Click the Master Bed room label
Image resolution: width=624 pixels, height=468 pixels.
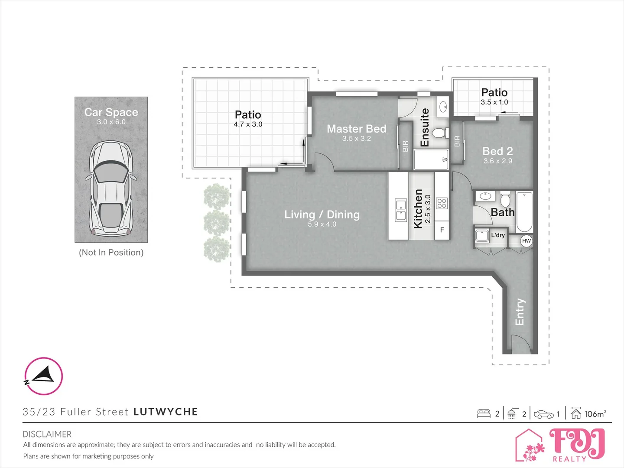pos(356,129)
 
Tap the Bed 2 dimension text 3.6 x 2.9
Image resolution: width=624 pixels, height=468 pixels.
pos(497,161)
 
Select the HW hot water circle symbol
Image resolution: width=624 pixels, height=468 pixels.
pos(526,241)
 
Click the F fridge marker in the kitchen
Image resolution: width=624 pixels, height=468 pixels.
pos(442,230)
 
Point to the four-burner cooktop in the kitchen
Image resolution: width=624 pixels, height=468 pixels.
pos(442,203)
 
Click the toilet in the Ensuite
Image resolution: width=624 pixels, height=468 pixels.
pos(439,133)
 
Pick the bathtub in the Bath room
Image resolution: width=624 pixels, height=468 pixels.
pos(524,212)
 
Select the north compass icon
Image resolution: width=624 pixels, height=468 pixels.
pos(43,376)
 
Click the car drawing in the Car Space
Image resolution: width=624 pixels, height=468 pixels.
pos(111,188)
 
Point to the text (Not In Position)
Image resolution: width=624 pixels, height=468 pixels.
pos(111,253)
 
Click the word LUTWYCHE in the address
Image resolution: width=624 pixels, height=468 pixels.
pos(166,412)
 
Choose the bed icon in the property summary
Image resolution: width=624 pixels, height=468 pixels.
pos(484,414)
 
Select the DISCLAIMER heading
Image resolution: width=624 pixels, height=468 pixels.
pos(47,434)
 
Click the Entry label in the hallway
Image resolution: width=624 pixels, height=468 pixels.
pos(520,312)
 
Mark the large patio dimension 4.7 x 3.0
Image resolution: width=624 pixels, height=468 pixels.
pos(248,124)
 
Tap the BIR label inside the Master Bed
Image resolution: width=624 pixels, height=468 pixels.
pos(406,146)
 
